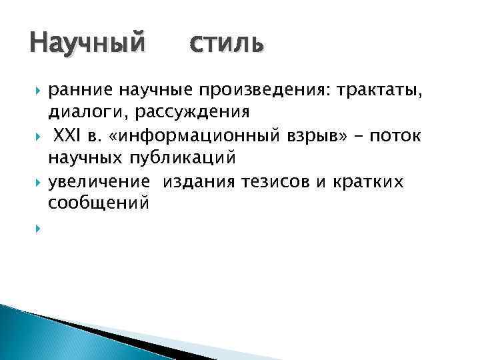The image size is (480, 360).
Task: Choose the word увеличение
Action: tap(96, 182)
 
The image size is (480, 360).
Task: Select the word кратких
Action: tap(369, 182)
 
